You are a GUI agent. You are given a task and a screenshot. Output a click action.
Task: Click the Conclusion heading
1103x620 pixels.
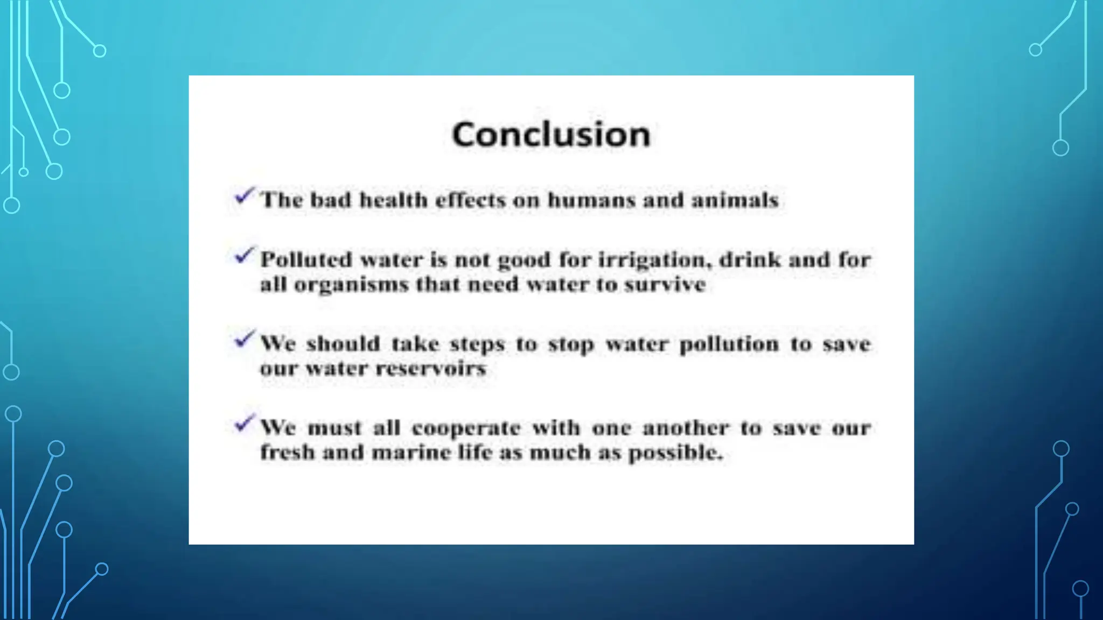click(551, 134)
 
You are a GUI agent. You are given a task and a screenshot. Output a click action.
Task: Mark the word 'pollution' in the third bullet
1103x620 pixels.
click(729, 344)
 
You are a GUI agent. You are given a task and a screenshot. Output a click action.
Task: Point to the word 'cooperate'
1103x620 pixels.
click(466, 428)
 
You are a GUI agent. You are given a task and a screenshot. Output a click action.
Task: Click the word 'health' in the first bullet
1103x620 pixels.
click(393, 200)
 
